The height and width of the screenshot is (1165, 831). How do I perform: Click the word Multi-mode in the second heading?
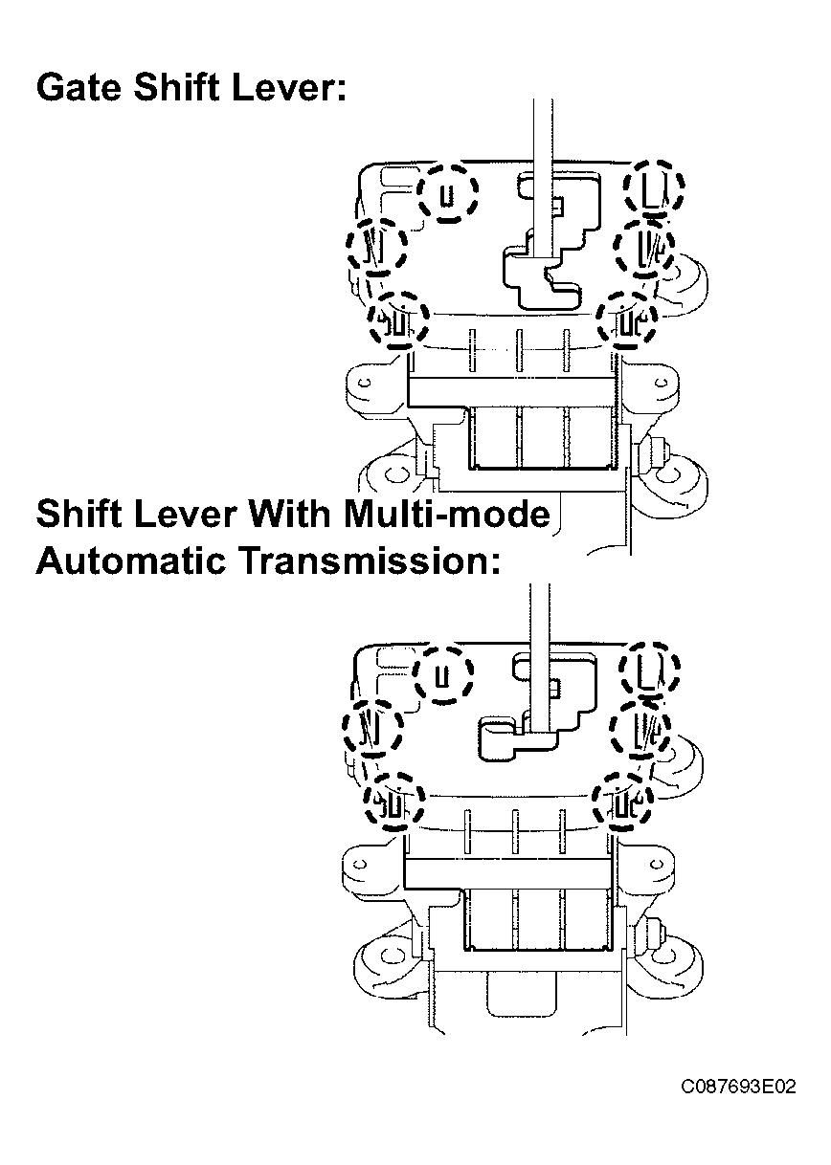coord(446,514)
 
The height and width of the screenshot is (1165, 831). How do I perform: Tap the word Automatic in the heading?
coord(131,561)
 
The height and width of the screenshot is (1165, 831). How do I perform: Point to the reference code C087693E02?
coord(738,1087)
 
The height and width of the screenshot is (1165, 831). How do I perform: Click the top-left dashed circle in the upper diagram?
coord(420,193)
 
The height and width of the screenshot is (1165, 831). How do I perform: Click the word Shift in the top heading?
coord(176,87)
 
